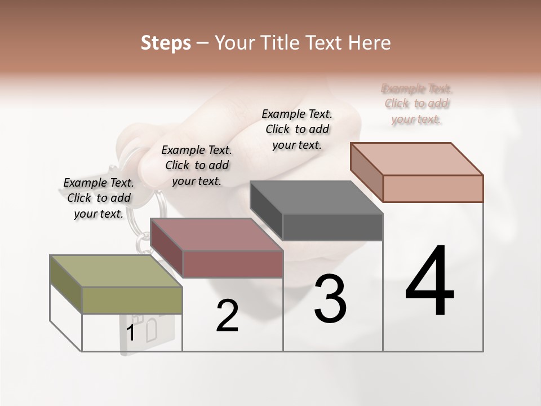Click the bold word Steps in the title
click(166, 43)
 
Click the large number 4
click(429, 282)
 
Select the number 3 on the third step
click(330, 298)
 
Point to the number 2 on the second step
click(227, 316)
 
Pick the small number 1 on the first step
click(131, 333)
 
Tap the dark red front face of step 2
click(233, 264)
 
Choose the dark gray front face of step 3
click(332, 227)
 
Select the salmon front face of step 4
click(433, 188)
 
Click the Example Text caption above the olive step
click(99, 198)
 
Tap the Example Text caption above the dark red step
click(197, 165)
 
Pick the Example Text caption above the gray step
click(297, 129)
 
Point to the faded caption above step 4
click(416, 104)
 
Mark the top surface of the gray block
click(316, 197)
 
